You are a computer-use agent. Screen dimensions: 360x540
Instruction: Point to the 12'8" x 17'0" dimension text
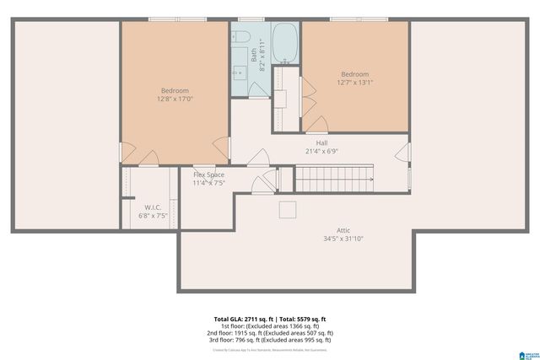[x=175, y=99]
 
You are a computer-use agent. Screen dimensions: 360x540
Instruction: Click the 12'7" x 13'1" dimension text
[x=354, y=83]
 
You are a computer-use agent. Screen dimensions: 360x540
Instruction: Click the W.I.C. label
[x=153, y=207]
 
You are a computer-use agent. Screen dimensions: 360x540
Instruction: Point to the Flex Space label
[x=208, y=175]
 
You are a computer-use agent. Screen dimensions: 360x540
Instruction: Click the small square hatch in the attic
[x=288, y=209]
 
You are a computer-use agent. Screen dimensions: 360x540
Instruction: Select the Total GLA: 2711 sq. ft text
[x=245, y=320]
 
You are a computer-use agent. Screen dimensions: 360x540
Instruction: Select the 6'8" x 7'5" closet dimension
[x=153, y=216]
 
